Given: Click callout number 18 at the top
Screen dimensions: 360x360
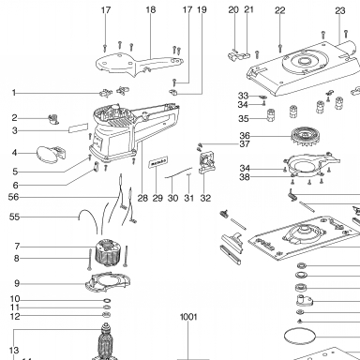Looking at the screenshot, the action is pos(151,10).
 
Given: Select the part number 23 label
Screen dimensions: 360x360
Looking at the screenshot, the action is pos(340,11).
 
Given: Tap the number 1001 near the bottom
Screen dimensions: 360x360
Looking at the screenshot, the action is pos(188,317).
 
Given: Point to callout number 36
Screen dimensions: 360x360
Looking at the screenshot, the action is pos(245,136).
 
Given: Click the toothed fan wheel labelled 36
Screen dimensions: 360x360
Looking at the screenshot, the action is pos(306,137).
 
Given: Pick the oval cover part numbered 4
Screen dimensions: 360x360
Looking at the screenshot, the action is pos(48,154).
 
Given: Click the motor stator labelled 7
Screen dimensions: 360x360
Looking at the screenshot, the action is pos(108,252).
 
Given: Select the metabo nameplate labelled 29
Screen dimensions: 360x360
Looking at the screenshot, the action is pos(158,162).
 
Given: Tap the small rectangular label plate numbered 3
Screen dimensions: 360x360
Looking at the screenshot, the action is pos(79,127).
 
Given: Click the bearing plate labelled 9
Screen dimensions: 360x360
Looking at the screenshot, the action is pos(108,282).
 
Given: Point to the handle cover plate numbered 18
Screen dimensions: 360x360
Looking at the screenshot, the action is pos(138,64).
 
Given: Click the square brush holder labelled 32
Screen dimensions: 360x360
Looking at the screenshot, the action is pos(206,162).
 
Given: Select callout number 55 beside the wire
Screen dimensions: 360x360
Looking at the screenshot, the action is pos(14,217).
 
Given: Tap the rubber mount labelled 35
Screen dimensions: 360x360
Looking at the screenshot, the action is pos(271,115).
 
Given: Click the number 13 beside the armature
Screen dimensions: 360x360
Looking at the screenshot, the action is pos(14,351).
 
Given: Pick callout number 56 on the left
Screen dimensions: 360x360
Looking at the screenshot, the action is pos(13,197).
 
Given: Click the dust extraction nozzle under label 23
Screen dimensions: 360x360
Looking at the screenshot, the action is pos(346,50).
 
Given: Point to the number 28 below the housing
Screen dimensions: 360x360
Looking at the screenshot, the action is pos(142,198).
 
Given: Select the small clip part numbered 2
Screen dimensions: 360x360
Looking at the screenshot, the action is pos(53,119).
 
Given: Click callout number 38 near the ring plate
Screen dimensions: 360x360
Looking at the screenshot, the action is pos(245,177).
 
